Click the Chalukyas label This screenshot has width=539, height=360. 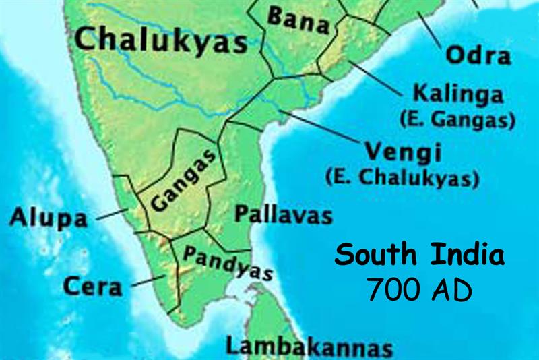pos(161,40)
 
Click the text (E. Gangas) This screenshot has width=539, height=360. pos(457,120)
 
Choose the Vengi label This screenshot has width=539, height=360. pos(402,152)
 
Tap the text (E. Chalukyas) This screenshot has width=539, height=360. pos(402,179)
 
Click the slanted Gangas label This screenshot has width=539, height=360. pos(183,181)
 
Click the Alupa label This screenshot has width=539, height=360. pos(49,218)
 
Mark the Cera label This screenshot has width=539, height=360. pos(93,287)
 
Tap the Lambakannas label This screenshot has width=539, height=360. pos(309,347)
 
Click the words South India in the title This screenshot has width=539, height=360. pos(419,257)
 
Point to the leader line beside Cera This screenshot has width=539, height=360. pos(150,280)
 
